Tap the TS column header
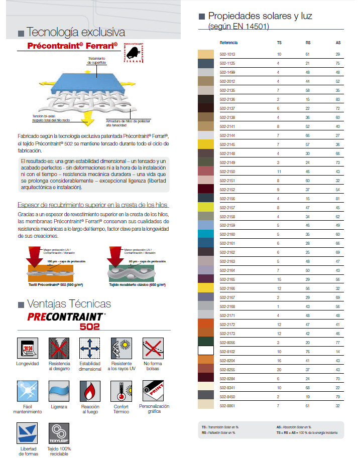coord(279,43)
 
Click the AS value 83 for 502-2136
coord(338,99)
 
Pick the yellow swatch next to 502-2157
coord(206,208)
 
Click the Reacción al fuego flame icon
coord(90,391)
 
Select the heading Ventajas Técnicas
coord(69,304)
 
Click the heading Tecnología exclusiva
coord(75,33)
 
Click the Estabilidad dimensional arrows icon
coord(90,348)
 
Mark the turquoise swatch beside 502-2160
coord(206,235)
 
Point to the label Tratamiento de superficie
coord(97,60)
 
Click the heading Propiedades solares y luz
coord(260,16)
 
